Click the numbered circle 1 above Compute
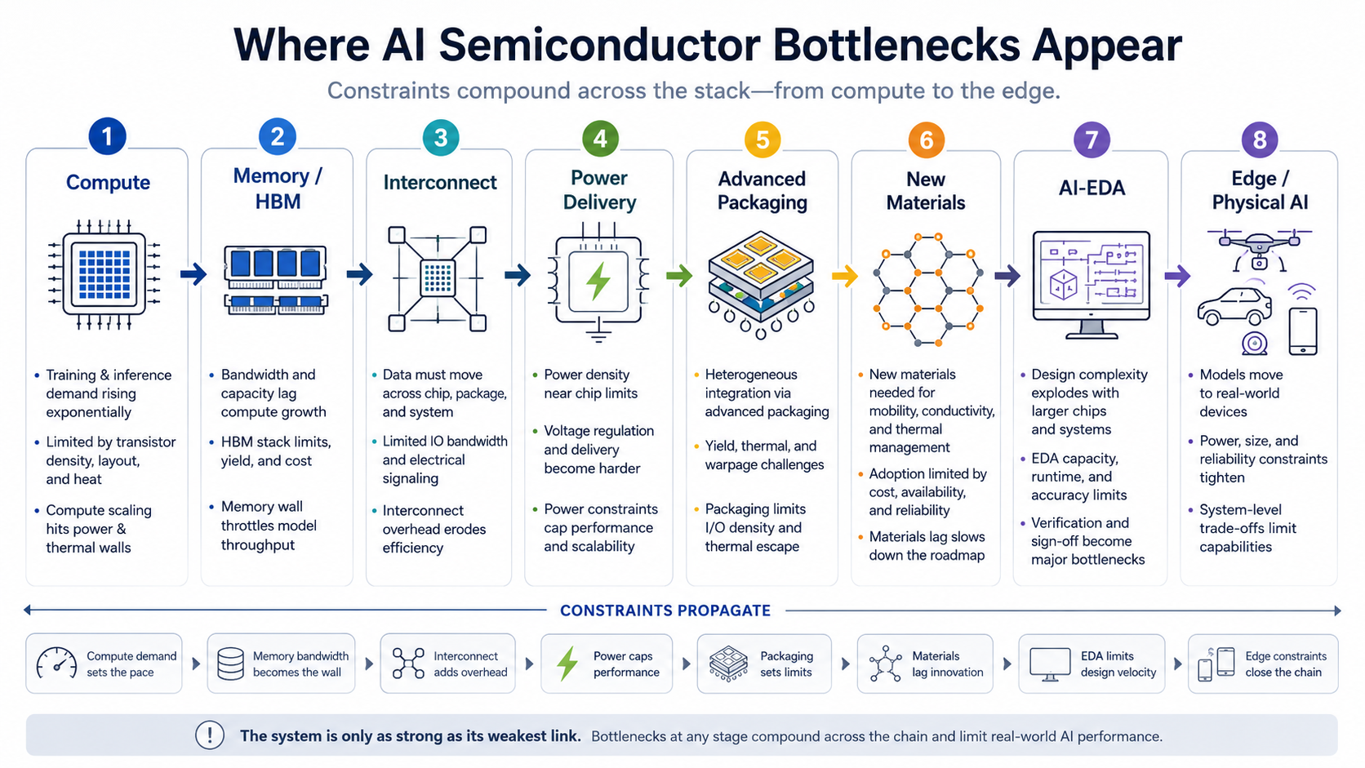107,136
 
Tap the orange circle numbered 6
926,140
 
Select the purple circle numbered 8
1260,140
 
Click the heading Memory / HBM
278,189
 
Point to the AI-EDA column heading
1092,188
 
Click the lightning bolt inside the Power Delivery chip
598,282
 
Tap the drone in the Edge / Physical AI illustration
1259,249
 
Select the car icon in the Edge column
1234,306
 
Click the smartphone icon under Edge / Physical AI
1303,331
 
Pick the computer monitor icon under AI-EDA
1092,284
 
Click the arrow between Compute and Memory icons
193,274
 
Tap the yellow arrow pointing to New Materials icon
845,276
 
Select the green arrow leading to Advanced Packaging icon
679,276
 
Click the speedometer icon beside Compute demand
56,664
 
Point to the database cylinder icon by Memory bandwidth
230,664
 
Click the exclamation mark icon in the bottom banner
210,735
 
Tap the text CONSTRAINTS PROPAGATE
665,610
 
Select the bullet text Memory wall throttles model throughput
269,526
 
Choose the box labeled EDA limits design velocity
1092,664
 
